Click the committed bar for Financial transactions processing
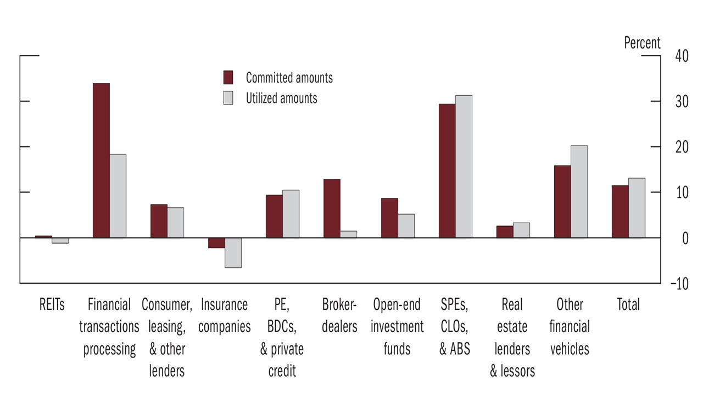(x=101, y=161)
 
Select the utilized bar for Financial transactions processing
(x=118, y=196)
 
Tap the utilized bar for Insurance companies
(x=233, y=252)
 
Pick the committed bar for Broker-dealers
(x=332, y=208)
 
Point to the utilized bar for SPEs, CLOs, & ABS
(x=464, y=167)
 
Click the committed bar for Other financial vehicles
(x=562, y=201)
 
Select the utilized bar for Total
(x=637, y=208)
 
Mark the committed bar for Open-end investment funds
(x=389, y=218)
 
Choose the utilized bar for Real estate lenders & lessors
(x=521, y=230)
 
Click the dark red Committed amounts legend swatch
(x=228, y=78)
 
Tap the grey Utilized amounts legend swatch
(x=228, y=98)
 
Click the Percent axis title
(x=642, y=43)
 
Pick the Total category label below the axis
(x=628, y=304)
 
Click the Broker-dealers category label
(x=339, y=315)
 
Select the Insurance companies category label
(x=224, y=315)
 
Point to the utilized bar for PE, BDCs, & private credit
(x=291, y=214)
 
